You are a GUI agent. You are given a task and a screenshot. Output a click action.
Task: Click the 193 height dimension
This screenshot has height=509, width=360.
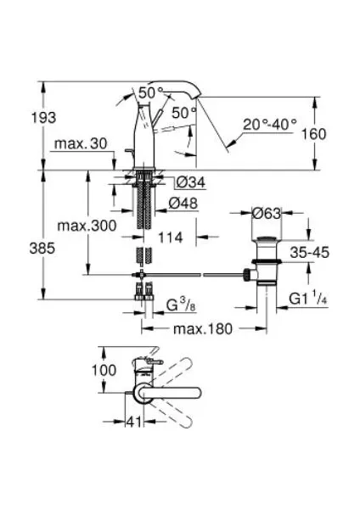(43, 118)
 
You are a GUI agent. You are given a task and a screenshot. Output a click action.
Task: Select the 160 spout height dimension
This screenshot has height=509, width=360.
(313, 134)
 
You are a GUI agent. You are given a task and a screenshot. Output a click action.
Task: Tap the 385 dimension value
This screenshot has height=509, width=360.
(42, 249)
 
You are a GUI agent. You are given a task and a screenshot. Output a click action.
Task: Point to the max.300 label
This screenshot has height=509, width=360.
(87, 226)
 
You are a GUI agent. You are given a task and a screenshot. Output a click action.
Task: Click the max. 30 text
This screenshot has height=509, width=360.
(81, 143)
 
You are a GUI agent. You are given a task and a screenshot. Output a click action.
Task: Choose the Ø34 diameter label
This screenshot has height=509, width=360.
(191, 182)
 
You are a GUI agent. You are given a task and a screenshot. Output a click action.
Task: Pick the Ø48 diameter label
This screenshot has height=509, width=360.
(183, 204)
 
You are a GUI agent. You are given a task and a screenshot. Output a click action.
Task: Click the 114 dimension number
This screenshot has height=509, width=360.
(171, 238)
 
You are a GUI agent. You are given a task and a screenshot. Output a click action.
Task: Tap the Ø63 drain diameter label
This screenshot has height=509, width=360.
(266, 213)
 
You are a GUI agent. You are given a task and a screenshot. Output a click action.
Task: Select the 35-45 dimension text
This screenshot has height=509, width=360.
(310, 252)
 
